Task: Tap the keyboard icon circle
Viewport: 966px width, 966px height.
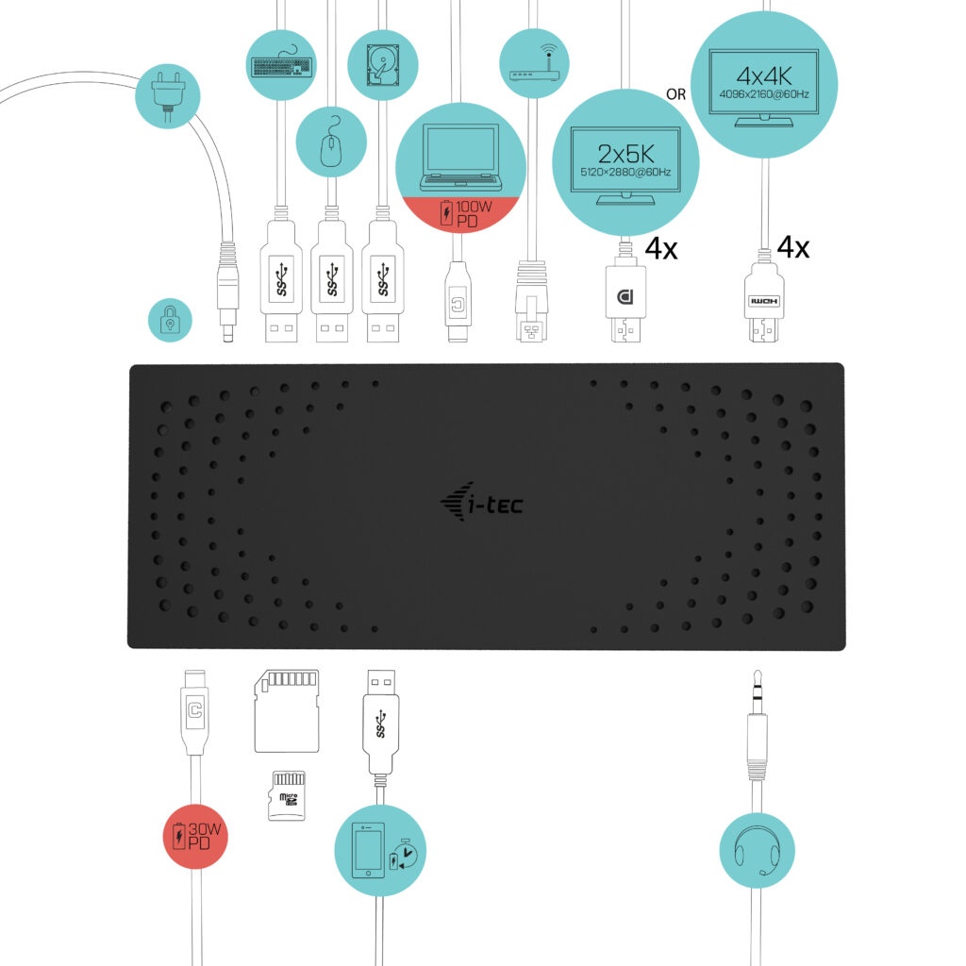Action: click(x=281, y=64)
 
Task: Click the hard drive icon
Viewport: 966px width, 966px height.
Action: click(x=382, y=64)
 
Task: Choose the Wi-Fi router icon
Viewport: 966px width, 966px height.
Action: click(x=535, y=64)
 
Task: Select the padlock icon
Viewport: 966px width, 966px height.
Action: click(x=170, y=322)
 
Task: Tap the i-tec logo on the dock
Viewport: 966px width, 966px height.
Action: click(x=482, y=505)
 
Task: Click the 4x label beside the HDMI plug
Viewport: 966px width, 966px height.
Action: click(x=793, y=248)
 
